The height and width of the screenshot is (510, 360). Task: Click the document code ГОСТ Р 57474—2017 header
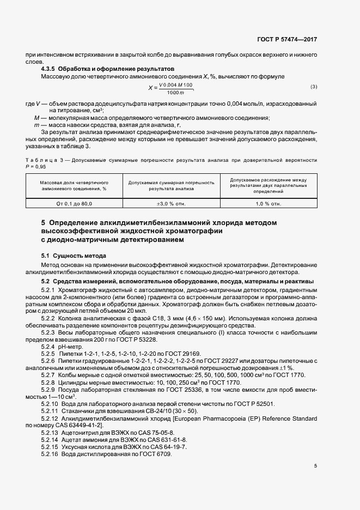pos(286,40)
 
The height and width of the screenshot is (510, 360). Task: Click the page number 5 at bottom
pos(316,466)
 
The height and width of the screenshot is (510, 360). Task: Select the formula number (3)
pos(314,87)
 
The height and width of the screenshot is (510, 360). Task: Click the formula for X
pos(172,87)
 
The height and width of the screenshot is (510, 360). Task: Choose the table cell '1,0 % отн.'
pos(269,203)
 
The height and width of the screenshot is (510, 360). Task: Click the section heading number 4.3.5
pos(49,70)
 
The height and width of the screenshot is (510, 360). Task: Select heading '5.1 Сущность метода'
pos(74,255)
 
